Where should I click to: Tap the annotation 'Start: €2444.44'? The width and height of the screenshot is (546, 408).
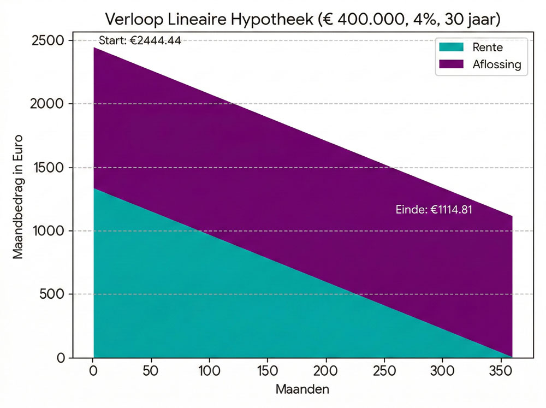tap(140, 40)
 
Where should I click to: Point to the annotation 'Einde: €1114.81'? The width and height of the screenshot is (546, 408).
tap(434, 210)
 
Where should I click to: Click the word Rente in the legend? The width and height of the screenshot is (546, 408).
tap(488, 48)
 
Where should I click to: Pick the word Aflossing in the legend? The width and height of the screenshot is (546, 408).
tap(497, 64)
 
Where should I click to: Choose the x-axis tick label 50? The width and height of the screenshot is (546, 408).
tap(152, 371)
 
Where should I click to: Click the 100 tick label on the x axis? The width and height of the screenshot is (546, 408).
tap(210, 371)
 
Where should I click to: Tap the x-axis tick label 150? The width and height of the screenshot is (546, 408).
tap(268, 371)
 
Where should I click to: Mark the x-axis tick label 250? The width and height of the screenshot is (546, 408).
tap(384, 371)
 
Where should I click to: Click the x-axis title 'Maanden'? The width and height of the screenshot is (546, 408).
tap(302, 390)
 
